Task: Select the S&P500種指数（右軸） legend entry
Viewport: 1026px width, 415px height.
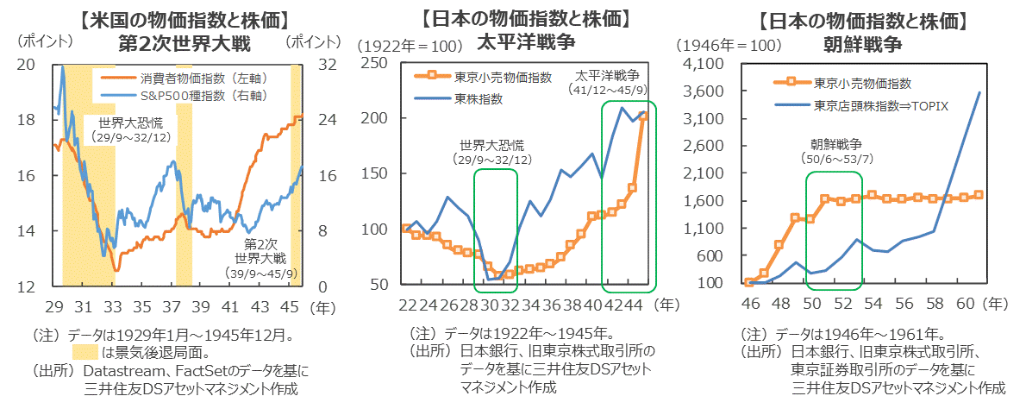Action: coord(203,94)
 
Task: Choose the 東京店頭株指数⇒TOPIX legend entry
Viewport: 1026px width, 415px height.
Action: coord(880,106)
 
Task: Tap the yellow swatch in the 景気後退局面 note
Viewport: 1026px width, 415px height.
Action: coord(85,352)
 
